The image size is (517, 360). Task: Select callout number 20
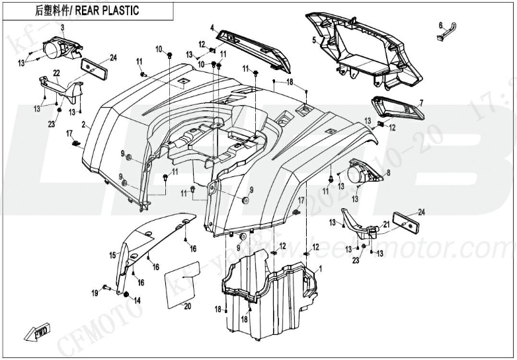[x=187, y=306]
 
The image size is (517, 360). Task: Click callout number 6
[x=440, y=25]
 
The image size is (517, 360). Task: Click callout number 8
[x=388, y=174]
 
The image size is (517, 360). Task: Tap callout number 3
[x=62, y=27]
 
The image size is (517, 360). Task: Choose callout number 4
[x=212, y=28]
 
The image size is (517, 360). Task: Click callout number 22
[x=57, y=73]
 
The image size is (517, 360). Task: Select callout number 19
[x=95, y=293]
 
